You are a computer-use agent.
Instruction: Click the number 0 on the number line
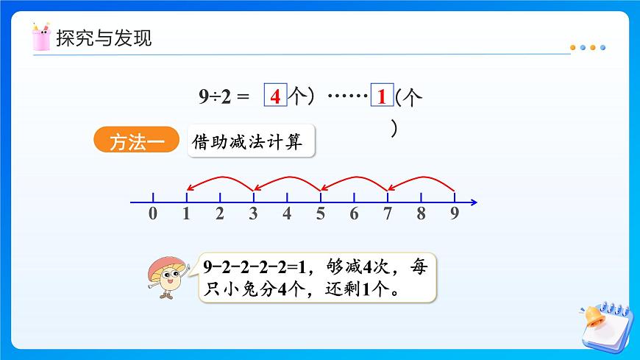[x=152, y=214]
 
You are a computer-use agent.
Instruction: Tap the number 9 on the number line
[x=455, y=214]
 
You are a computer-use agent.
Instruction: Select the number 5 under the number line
[x=320, y=214]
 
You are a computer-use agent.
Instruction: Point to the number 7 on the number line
[x=388, y=214]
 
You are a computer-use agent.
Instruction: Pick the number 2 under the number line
[x=219, y=214]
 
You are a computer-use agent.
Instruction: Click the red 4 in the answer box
[x=275, y=96]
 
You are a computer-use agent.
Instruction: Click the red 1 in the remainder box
[x=382, y=96]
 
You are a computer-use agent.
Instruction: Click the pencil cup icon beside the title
[x=41, y=37]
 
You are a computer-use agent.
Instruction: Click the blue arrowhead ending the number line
[x=474, y=202]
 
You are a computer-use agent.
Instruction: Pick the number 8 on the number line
[x=421, y=214]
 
